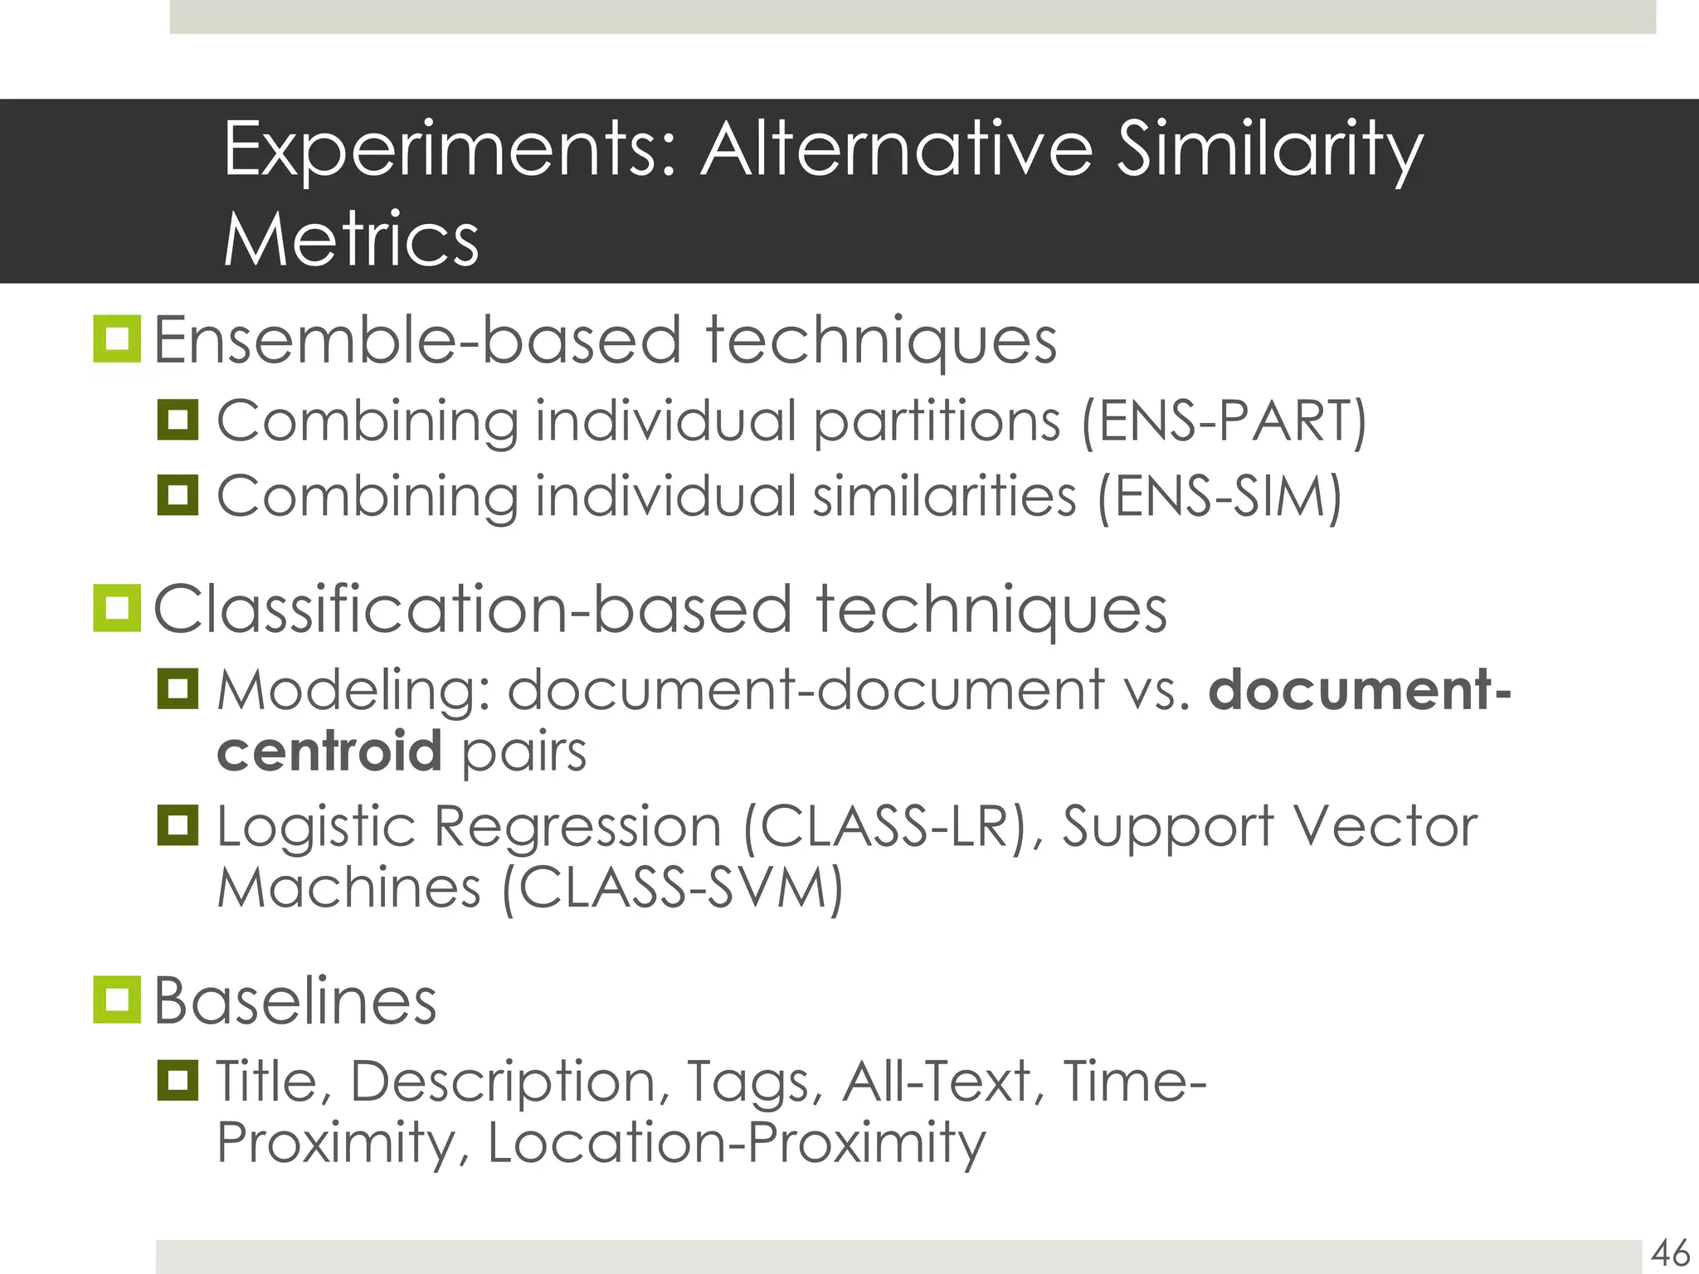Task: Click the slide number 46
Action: point(1670,1252)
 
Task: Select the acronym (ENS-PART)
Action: point(1224,421)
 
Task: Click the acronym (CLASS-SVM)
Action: point(673,888)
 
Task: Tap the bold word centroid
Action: point(329,751)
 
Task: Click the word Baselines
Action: point(295,1001)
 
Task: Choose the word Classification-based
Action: point(473,610)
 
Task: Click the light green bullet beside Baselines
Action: point(117,999)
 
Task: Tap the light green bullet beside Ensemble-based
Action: point(117,338)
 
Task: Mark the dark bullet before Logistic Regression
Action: point(178,824)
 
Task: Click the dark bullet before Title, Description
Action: point(178,1080)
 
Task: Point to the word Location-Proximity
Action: point(736,1142)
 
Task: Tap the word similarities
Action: point(944,496)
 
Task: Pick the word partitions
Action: point(937,421)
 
